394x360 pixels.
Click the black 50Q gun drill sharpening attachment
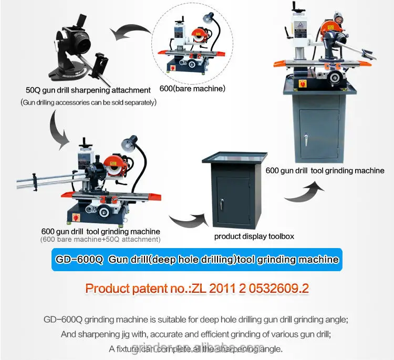[79, 50]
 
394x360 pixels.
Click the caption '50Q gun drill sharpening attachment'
[88, 90]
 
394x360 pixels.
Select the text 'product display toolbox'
[254, 236]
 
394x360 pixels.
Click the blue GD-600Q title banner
[196, 260]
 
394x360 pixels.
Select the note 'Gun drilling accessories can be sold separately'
[89, 102]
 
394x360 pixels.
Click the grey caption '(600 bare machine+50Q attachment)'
[100, 240]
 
